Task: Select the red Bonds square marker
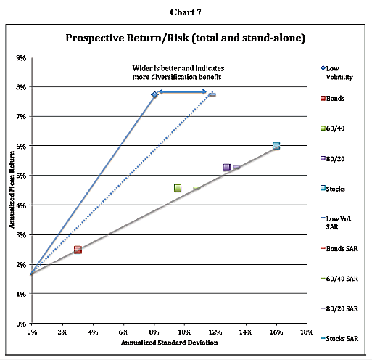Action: tap(78, 250)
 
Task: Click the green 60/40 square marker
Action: tap(178, 188)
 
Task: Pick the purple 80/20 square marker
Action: tap(226, 167)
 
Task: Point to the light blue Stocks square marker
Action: tap(276, 146)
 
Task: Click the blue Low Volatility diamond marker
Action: tap(154, 94)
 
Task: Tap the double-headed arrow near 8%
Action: tap(183, 91)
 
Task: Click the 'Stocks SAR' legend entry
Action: tap(339, 338)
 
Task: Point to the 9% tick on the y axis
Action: tap(22, 57)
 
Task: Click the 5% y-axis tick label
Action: tap(22, 176)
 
